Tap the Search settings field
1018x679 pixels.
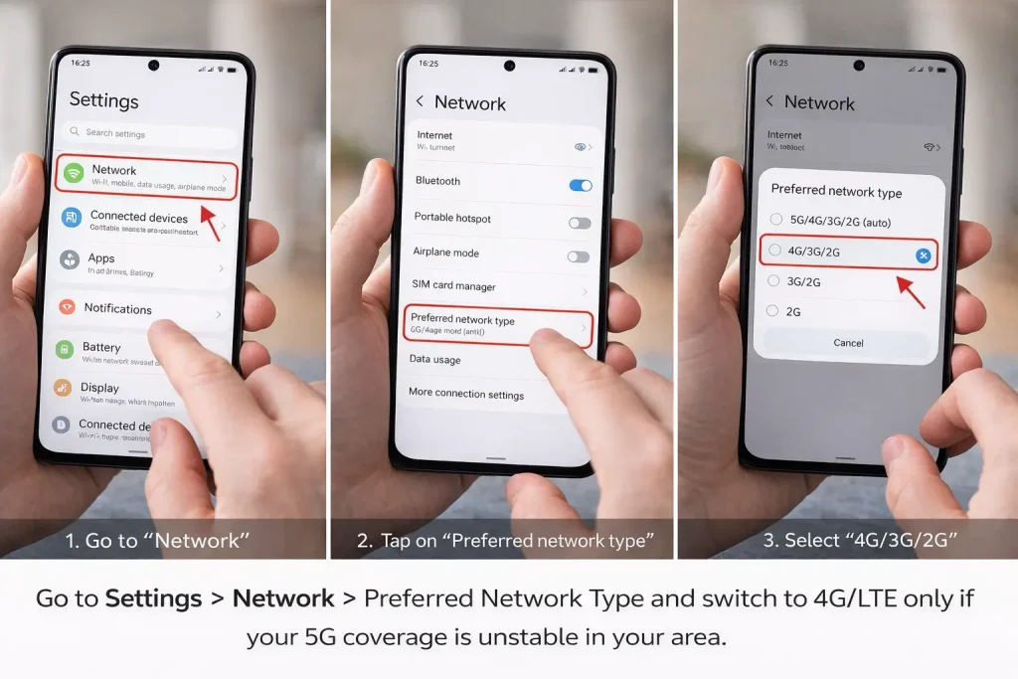tap(149, 133)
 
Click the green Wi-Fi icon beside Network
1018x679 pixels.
tap(73, 174)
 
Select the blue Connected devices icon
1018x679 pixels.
tap(71, 218)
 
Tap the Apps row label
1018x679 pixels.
tap(101, 258)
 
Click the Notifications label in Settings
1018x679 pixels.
tap(117, 308)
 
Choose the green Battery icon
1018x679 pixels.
tap(65, 350)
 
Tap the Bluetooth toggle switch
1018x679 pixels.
tap(580, 185)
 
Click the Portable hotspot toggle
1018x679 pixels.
tap(579, 223)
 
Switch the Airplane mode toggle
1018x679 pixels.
tap(578, 256)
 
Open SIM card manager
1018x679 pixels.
tap(453, 286)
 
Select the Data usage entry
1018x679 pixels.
tap(434, 359)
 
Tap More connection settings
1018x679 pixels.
tap(465, 394)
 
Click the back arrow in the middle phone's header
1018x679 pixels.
tap(420, 101)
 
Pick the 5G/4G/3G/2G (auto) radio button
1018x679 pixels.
tap(774, 219)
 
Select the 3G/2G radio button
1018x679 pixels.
tap(773, 281)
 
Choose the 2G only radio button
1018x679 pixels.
tap(772, 311)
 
